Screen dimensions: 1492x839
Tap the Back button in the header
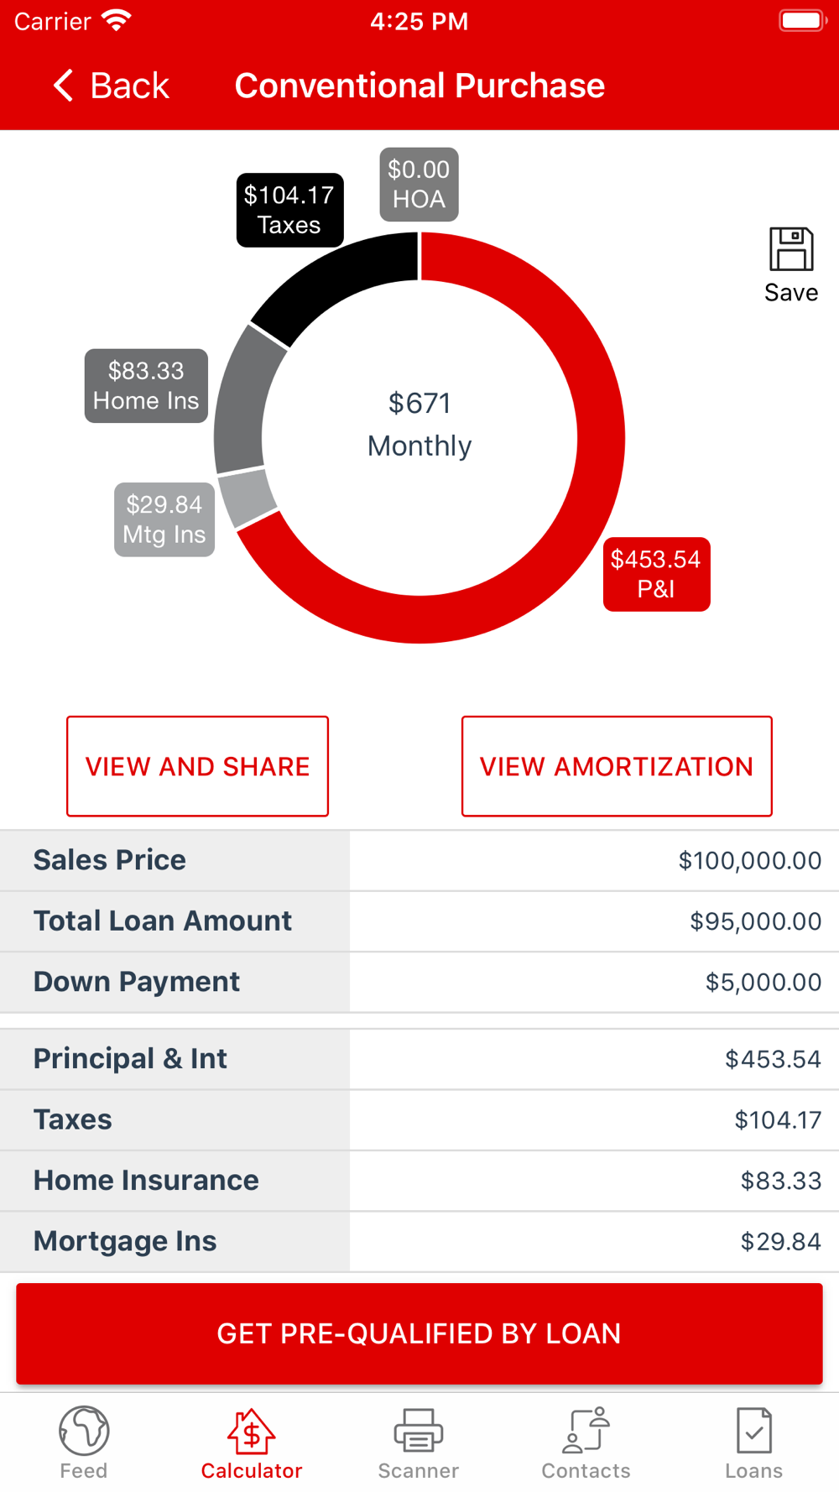tap(112, 86)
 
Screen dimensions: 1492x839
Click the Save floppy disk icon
tap(791, 249)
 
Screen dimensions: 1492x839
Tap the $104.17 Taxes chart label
tap(289, 210)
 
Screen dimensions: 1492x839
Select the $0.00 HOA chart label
tap(419, 185)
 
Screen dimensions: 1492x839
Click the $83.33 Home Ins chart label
tap(146, 386)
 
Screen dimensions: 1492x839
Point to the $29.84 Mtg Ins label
tap(164, 519)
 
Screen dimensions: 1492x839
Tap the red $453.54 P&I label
tap(656, 574)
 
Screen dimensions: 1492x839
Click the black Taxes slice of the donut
tap(336, 281)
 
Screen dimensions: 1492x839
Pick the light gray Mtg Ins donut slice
tap(248, 498)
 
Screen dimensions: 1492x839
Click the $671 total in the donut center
tap(419, 404)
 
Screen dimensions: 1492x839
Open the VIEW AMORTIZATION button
tap(617, 766)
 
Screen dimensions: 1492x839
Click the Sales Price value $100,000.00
tap(749, 861)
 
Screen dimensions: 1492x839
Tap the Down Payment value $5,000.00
tap(763, 983)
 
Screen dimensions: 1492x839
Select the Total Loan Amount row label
tap(163, 921)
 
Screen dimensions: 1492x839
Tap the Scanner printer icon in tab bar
tap(419, 1430)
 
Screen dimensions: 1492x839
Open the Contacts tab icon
tap(586, 1430)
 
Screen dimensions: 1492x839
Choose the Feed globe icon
tap(84, 1430)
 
